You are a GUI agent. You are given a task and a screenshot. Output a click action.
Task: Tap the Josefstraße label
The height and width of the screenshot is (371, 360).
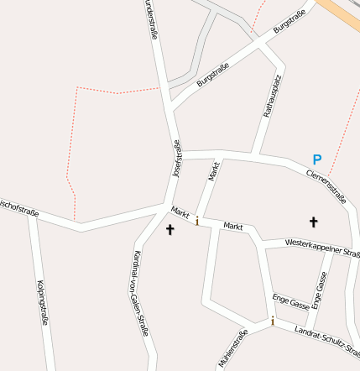177,159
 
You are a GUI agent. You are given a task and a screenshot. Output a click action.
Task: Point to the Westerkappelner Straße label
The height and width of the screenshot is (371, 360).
322,247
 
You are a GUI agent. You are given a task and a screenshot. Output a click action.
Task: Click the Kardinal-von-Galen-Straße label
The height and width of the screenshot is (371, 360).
140,294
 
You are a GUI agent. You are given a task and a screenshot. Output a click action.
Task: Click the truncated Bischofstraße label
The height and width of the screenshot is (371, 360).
18,205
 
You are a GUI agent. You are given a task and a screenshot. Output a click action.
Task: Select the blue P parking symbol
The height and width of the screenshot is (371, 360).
316,159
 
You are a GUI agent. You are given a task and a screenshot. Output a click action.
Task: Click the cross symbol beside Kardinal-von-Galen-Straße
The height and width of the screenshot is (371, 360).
170,229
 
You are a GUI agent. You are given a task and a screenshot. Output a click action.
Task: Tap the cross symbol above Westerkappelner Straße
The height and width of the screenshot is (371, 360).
314,222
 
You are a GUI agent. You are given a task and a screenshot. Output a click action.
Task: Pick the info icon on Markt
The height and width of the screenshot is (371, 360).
197,221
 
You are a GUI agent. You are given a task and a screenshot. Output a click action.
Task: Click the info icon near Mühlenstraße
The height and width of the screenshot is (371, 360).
272,321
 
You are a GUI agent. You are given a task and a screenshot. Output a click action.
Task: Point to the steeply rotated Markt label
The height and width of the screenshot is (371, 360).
214,171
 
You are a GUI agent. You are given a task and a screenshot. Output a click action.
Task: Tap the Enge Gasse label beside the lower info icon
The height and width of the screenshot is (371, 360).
291,302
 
